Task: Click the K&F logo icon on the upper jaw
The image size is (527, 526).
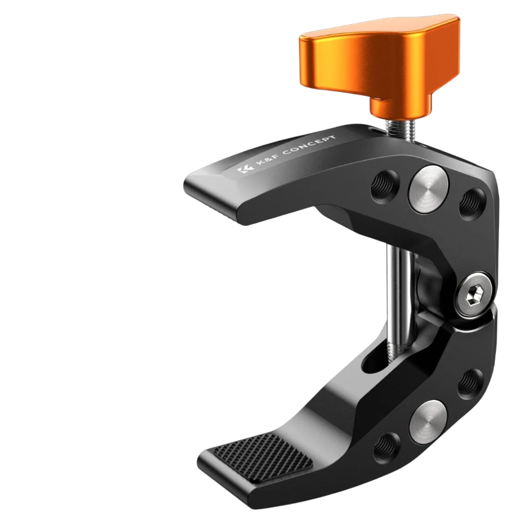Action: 245,169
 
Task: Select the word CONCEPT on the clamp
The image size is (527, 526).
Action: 309,145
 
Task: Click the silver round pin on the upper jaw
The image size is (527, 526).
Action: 428,189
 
